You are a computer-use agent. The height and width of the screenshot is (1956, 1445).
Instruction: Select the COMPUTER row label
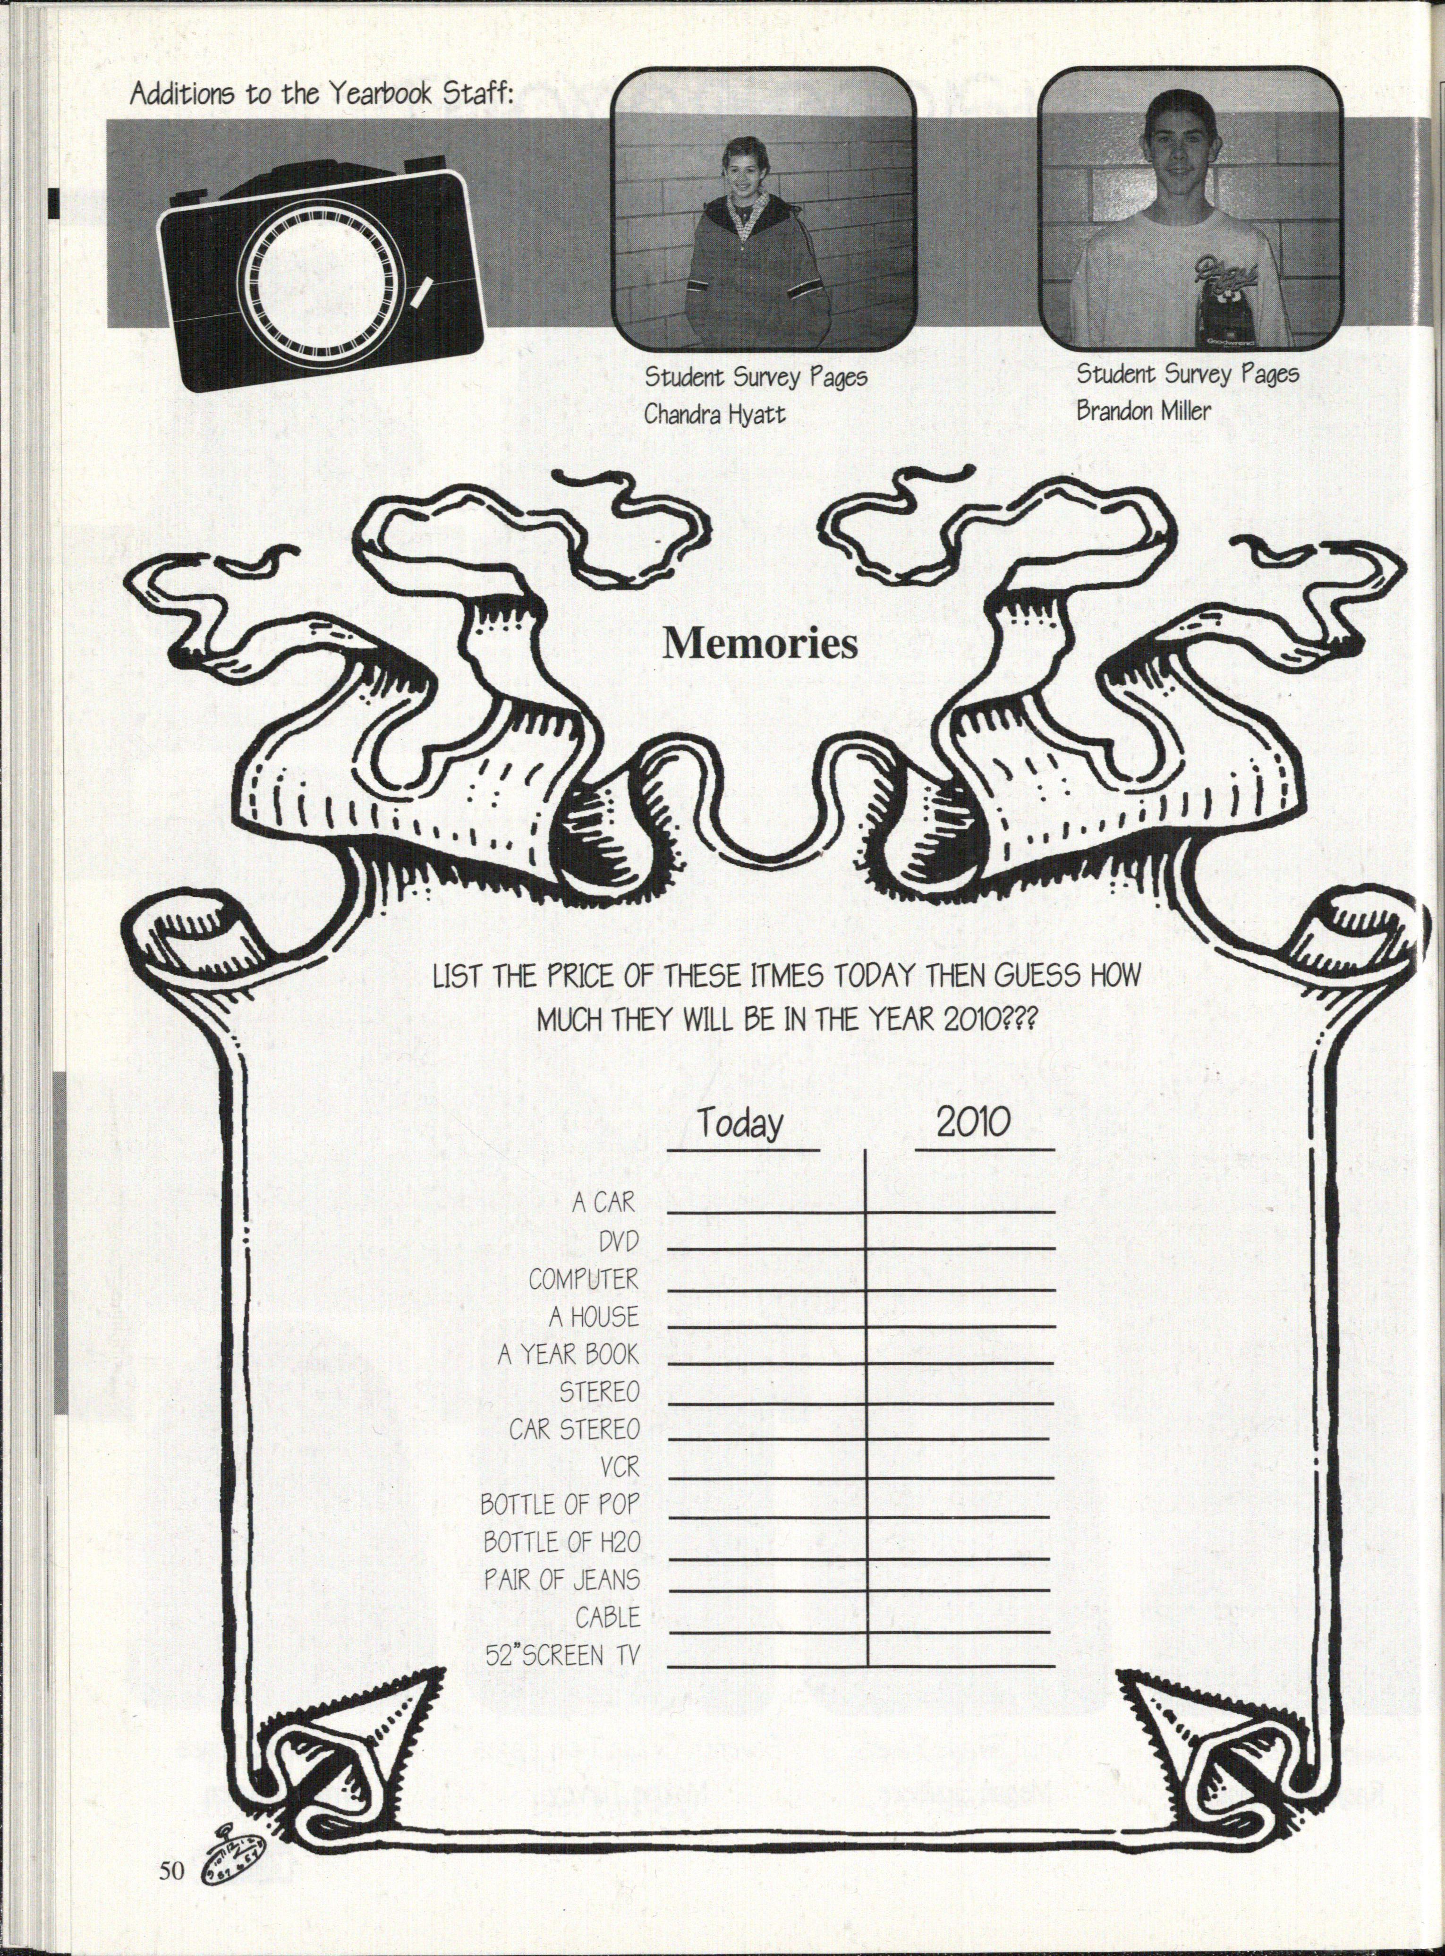click(583, 1279)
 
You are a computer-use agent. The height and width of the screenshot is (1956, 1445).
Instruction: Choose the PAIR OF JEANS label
click(561, 1580)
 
